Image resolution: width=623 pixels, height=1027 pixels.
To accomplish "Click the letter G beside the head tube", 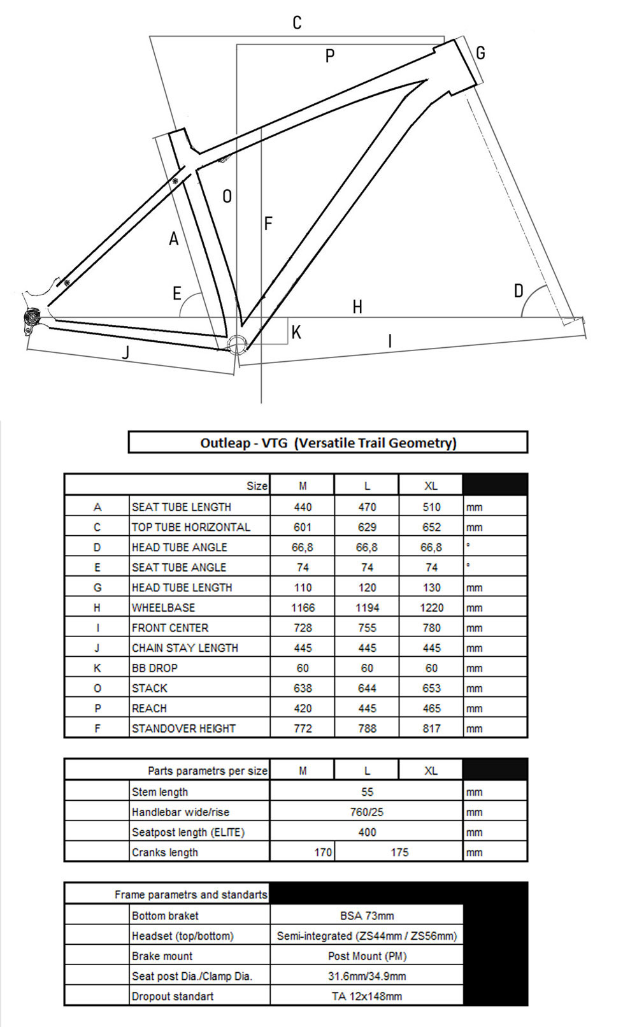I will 480,53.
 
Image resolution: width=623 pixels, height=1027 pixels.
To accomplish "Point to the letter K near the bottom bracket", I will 296,332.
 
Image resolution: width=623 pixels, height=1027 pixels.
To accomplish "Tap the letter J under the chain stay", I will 126,352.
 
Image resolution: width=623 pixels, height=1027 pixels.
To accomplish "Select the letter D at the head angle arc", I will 519,291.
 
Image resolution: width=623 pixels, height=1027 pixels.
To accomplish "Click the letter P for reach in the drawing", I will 330,56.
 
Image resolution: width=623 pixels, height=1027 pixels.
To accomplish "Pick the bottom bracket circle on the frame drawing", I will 237,343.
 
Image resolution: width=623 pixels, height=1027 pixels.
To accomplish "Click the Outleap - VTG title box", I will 328,443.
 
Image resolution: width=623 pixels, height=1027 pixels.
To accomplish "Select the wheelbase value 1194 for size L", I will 367,608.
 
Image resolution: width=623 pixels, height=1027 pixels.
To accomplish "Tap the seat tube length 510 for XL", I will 431,507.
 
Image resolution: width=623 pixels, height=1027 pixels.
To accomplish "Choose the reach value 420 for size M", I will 303,708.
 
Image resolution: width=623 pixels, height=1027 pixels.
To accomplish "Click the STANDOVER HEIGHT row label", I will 183,728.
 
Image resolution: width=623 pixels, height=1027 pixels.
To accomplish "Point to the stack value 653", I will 431,688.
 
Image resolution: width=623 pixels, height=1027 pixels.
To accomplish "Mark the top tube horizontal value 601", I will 303,527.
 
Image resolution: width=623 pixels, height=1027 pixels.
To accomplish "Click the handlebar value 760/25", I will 367,812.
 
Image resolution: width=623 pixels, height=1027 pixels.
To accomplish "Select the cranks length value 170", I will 323,852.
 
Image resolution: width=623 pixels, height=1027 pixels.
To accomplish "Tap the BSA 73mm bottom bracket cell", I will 367,916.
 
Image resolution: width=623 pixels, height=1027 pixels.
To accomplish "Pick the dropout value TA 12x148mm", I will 367,996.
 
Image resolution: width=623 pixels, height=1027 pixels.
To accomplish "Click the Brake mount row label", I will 162,956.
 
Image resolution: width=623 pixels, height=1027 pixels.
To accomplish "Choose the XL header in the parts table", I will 431,771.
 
